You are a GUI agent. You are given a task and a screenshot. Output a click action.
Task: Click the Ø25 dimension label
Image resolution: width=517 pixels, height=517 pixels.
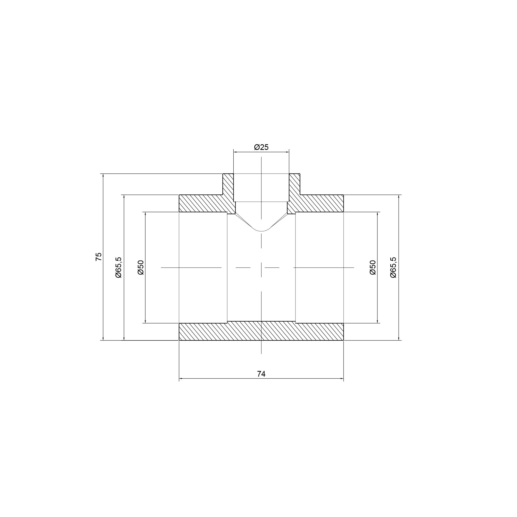(x=261, y=147)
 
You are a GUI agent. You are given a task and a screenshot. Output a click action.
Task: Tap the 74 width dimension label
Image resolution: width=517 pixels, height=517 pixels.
(x=261, y=374)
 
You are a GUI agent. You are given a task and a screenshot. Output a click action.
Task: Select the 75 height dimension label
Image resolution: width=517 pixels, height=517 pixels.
(x=98, y=257)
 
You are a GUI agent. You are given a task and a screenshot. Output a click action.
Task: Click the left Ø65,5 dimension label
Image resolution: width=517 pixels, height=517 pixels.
(x=118, y=267)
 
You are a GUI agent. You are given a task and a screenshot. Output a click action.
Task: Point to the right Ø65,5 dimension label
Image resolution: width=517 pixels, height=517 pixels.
(x=393, y=267)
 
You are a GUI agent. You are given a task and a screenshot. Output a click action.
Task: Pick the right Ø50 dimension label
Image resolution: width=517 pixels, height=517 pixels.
(x=372, y=267)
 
